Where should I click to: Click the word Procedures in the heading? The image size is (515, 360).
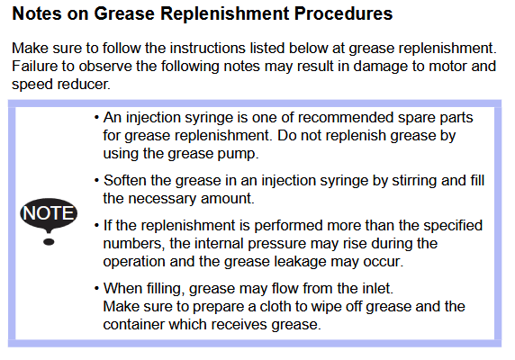[x=343, y=13]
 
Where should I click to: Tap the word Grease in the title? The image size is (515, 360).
[x=124, y=13]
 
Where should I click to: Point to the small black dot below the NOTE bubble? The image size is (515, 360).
[x=49, y=242]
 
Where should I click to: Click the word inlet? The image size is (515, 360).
[x=378, y=289]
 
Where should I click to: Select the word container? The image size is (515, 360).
[x=133, y=325]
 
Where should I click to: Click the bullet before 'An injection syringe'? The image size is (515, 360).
[x=96, y=118]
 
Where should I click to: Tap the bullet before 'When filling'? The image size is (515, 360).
[x=96, y=289]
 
